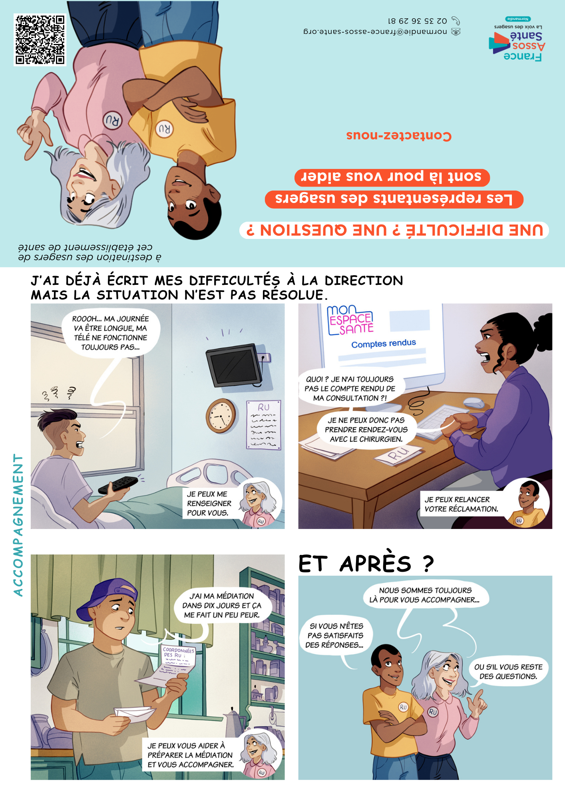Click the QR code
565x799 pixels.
(x=40, y=40)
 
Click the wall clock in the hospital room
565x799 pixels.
(x=221, y=416)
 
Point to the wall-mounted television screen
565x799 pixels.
(x=235, y=365)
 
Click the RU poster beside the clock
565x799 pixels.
(x=264, y=425)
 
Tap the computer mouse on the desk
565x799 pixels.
(x=473, y=402)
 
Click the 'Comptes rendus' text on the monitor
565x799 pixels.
(x=384, y=344)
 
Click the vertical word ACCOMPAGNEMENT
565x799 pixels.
(x=18, y=525)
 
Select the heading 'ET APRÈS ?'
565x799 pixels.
(x=366, y=563)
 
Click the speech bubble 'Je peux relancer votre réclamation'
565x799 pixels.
(x=462, y=504)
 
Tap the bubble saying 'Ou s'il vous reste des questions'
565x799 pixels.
(x=508, y=672)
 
